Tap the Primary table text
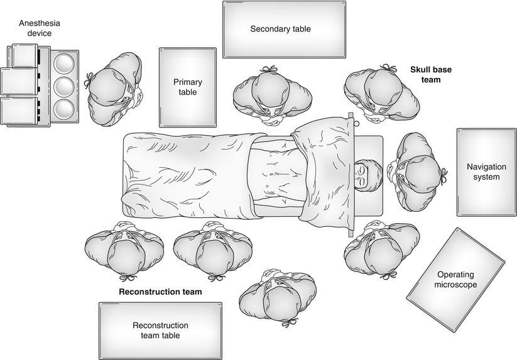185,87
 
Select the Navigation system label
483,172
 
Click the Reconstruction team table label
160,330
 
